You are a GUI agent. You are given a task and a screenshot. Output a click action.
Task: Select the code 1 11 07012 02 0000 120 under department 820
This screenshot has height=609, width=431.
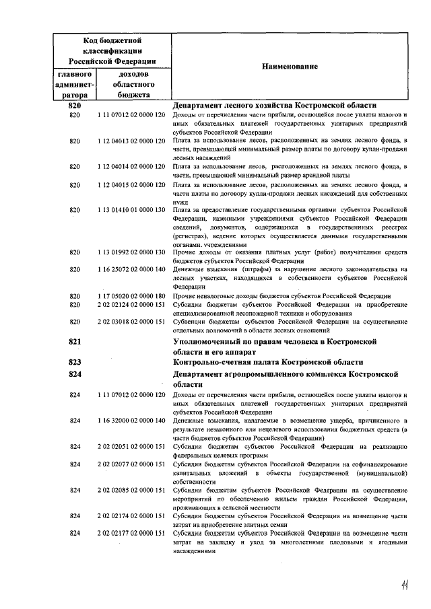click(131, 115)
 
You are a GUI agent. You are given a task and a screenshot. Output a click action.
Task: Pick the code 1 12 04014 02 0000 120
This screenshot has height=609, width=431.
click(131, 166)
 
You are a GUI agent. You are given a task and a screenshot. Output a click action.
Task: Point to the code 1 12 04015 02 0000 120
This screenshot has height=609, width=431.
click(131, 184)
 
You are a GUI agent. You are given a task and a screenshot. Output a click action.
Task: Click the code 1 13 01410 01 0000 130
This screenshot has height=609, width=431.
click(131, 210)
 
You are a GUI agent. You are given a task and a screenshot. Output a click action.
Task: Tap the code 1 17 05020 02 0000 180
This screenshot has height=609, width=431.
click(131, 295)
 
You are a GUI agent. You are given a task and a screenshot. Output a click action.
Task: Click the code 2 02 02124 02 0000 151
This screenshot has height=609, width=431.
click(131, 304)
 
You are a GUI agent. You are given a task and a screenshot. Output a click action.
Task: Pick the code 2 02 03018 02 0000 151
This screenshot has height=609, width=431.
click(131, 322)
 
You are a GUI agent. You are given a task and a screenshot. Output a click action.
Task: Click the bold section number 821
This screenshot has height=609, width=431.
click(75, 342)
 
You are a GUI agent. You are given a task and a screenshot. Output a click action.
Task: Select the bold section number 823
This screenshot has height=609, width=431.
click(75, 362)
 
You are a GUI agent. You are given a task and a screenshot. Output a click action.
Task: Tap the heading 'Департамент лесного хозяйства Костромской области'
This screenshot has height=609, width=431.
click(274, 106)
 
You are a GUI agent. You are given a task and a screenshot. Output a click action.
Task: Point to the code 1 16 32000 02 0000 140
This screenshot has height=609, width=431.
click(131, 421)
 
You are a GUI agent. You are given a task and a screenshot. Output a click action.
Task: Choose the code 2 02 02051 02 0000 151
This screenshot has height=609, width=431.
click(131, 446)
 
